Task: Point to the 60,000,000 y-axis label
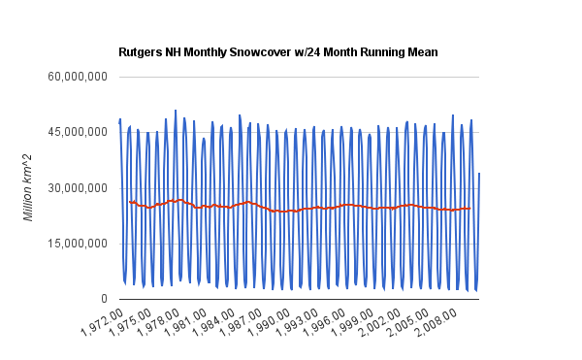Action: (81, 76)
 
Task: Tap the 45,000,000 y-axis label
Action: (81, 132)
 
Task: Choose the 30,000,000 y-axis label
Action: (81, 188)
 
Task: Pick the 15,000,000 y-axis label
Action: (81, 244)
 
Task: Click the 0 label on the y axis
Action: (104, 299)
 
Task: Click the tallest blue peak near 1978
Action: (176, 111)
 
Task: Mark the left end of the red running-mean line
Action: (129, 202)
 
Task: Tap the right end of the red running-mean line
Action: (470, 208)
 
